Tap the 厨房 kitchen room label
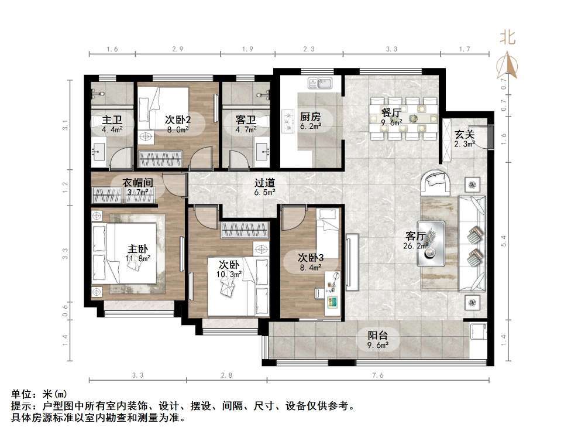point(310,116)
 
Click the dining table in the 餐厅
point(405,118)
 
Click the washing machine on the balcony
point(478,331)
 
